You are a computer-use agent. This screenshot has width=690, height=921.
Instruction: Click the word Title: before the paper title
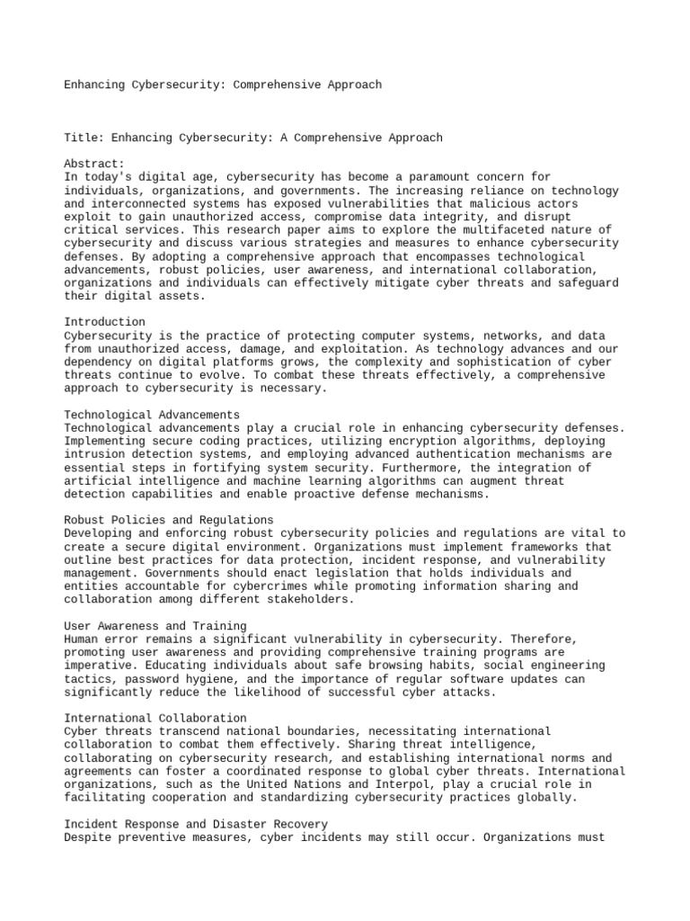point(84,138)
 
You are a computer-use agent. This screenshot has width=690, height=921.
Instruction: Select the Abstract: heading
point(93,165)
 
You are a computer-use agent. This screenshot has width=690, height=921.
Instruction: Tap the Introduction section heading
point(105,322)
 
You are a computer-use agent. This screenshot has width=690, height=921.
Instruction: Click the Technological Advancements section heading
point(152,415)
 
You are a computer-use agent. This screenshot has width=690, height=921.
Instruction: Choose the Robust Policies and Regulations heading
point(169,520)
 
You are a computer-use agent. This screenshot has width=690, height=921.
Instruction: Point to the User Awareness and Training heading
point(155,625)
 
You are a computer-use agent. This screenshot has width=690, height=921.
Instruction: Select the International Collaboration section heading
point(155,718)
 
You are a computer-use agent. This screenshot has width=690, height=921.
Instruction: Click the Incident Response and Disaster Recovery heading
point(196,824)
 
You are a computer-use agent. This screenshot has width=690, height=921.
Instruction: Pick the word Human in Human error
point(81,639)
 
